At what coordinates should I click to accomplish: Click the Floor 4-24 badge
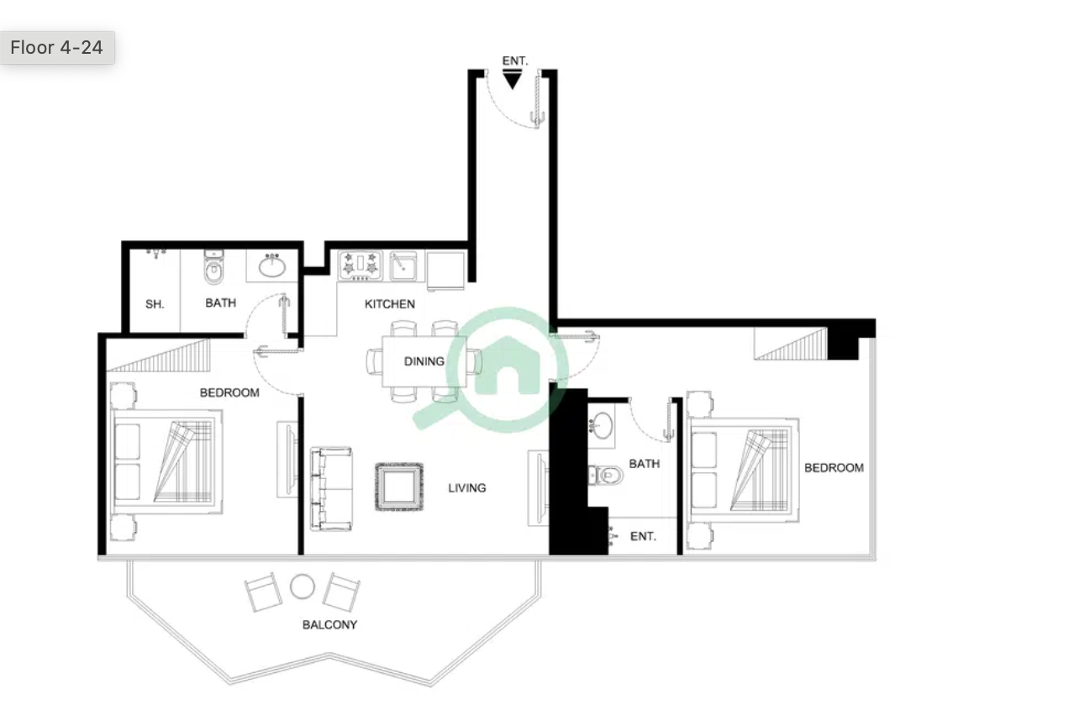pos(57,48)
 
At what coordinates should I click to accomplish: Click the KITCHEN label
pos(390,304)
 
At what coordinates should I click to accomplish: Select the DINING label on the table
pos(424,361)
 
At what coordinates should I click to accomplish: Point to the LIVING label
pos(467,488)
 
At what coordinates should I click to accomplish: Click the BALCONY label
pos(330,624)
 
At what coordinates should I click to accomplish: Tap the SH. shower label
pos(155,304)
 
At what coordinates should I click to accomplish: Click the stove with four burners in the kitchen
pos(361,266)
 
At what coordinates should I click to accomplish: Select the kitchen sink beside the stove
pos(403,266)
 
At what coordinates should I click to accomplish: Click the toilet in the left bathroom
pos(213,267)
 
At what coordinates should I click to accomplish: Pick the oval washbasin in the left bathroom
pos(272,266)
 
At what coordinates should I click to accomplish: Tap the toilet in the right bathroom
pos(606,476)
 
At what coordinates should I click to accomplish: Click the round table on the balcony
pos(303,587)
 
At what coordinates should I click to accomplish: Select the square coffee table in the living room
pos(399,487)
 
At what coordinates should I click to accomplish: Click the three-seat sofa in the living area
pos(331,489)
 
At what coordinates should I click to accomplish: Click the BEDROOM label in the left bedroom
pos(229,392)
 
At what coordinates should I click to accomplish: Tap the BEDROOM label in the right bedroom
pos(834,468)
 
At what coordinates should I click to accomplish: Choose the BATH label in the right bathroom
pos(645,464)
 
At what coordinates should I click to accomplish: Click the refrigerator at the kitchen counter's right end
pos(445,271)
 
